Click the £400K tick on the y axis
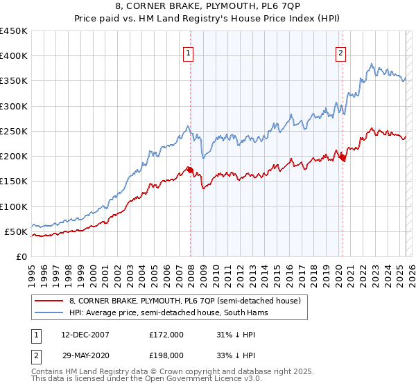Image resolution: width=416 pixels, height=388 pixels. tap(14, 56)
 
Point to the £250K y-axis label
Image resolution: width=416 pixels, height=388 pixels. tap(14, 131)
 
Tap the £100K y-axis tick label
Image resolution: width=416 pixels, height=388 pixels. tap(14, 206)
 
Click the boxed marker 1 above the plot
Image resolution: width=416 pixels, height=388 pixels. tap(189, 52)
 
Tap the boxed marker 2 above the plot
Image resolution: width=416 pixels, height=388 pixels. tap(341, 52)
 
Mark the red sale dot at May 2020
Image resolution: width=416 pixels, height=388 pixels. tap(342, 157)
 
